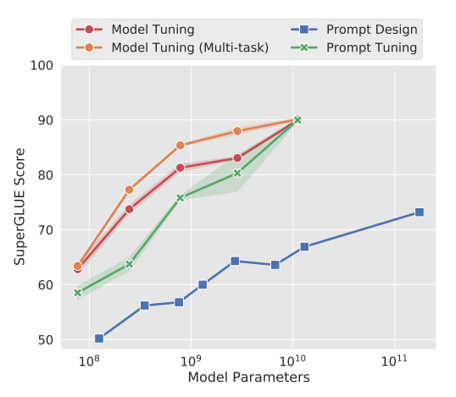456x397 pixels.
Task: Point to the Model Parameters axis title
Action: [248, 378]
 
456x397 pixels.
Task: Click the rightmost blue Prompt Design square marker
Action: [419, 212]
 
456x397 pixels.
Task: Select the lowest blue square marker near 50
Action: [99, 339]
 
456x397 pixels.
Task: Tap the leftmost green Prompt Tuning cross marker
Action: [77, 293]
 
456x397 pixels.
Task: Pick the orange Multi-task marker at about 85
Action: [181, 146]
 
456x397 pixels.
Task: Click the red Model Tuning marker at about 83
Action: [237, 158]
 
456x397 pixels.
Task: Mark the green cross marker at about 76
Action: [181, 198]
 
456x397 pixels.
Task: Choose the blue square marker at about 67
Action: [304, 247]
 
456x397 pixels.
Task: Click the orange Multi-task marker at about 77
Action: [129, 190]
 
